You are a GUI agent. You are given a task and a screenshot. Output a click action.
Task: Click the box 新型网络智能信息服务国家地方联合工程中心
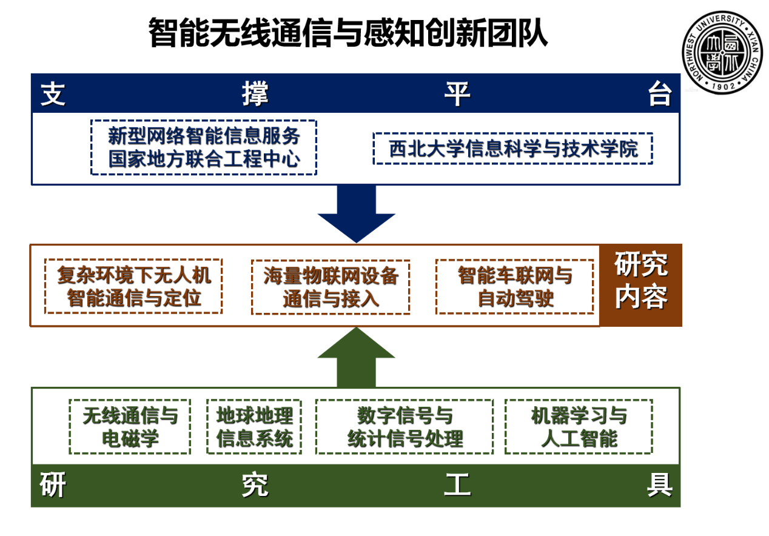click(204, 147)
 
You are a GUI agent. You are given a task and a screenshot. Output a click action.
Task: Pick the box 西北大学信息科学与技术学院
click(512, 149)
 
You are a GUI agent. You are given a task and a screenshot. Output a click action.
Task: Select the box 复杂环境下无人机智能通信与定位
click(133, 286)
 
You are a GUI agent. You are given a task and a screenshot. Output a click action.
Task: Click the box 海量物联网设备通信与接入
click(331, 287)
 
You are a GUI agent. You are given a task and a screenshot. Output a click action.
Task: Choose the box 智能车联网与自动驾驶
click(514, 287)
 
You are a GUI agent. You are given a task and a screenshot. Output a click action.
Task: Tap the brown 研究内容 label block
click(640, 285)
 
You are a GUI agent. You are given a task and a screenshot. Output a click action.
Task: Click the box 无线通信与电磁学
click(130, 426)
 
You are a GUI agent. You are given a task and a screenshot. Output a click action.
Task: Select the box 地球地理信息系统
click(254, 426)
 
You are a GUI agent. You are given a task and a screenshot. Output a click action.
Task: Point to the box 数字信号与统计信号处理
click(405, 426)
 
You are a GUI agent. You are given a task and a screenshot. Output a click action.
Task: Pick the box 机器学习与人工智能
click(579, 426)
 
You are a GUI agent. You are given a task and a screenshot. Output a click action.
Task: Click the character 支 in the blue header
click(53, 95)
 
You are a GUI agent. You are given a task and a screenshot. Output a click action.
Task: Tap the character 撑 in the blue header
click(255, 95)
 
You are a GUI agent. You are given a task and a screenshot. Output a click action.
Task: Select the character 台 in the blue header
click(659, 95)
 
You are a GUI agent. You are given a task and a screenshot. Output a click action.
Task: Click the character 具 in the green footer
click(659, 486)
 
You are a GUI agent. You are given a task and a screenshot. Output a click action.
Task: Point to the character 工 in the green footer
click(457, 486)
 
